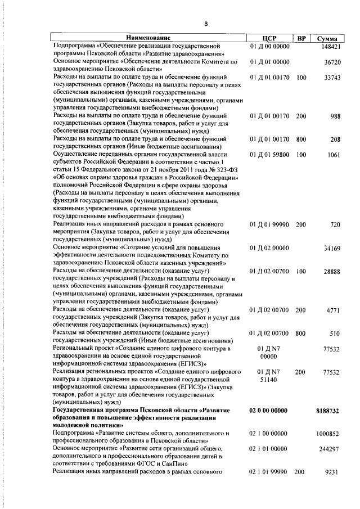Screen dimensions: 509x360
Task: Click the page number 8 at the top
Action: point(206,24)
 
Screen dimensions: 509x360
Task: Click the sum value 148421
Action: point(330,46)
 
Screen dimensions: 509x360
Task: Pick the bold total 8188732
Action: point(327,411)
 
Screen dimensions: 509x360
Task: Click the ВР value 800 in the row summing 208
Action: point(301,139)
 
